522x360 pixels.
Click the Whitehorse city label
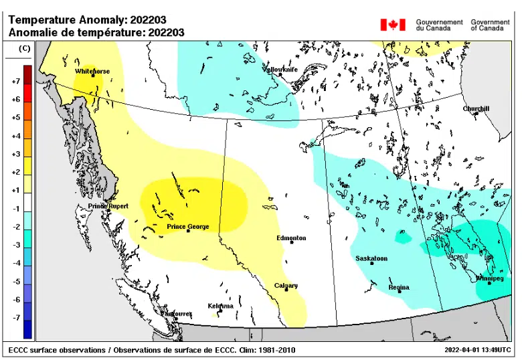pos(92,71)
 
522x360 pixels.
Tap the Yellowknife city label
pos(282,70)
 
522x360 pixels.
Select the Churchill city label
pos(476,108)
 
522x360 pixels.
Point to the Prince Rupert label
pos(108,206)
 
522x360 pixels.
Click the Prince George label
pos(187,227)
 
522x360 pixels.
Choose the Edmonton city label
pos(291,238)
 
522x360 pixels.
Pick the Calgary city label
pos(286,286)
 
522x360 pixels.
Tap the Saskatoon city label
pos(371,258)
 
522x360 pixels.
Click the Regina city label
pos(399,288)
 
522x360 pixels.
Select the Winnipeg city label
pos(489,278)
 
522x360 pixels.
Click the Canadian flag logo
pos(393,25)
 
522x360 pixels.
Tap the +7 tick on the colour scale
pos(15,81)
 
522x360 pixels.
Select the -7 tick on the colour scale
pos(15,318)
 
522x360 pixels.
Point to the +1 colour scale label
pos(15,190)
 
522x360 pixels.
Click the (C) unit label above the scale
pos(24,48)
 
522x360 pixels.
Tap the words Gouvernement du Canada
pos(439,25)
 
